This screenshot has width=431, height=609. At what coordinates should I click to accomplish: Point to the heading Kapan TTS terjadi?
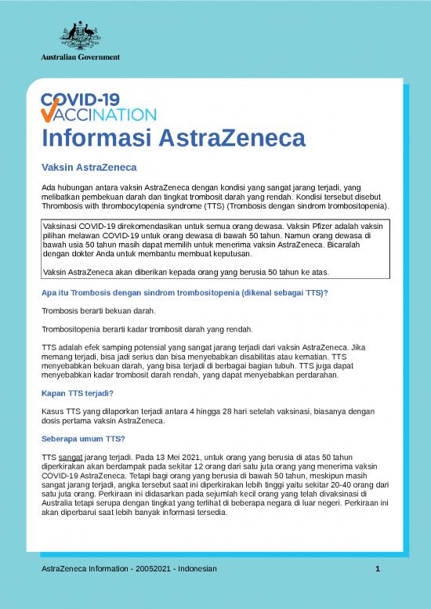point(77,393)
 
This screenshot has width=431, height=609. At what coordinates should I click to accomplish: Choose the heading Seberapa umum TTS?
point(81,439)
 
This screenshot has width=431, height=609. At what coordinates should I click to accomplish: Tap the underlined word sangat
point(71,455)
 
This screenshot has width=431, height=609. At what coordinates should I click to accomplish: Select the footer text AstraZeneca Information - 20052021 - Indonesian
point(129,568)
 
